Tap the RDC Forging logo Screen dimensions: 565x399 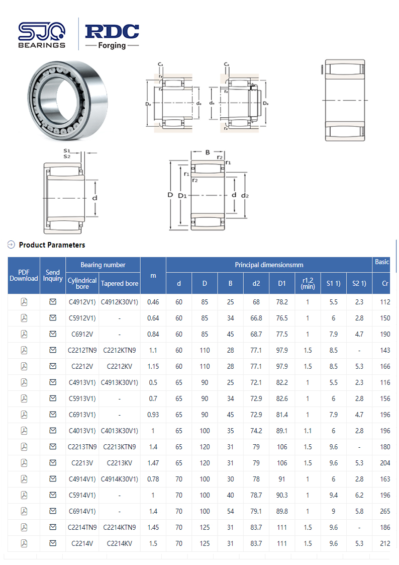pyautogui.click(x=112, y=35)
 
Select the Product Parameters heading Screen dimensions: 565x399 pyautogui.click(x=52, y=245)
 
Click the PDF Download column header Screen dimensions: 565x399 pyautogui.click(x=24, y=275)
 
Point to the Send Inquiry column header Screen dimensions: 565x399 pyautogui.click(x=53, y=275)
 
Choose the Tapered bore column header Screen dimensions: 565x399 pyautogui.click(x=119, y=283)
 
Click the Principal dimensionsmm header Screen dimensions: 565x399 pyautogui.click(x=269, y=265)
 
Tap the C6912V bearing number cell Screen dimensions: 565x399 pyautogui.click(x=82, y=334)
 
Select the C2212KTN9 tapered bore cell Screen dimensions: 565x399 pyautogui.click(x=119, y=350)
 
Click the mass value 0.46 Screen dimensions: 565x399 pyautogui.click(x=153, y=302)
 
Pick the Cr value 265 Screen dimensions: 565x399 pyautogui.click(x=385, y=511)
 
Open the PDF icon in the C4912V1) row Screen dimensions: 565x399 pyautogui.click(x=24, y=302)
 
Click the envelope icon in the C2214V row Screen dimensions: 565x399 pyautogui.click(x=53, y=543)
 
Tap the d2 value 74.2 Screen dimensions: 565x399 pyautogui.click(x=256, y=431)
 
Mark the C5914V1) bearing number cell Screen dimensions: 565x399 pyautogui.click(x=82, y=495)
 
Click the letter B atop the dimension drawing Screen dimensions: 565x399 pyautogui.click(x=207, y=152)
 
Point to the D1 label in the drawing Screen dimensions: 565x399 pyautogui.click(x=182, y=195)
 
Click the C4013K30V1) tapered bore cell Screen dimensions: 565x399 pyautogui.click(x=119, y=431)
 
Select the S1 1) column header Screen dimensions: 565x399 pyautogui.click(x=333, y=283)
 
